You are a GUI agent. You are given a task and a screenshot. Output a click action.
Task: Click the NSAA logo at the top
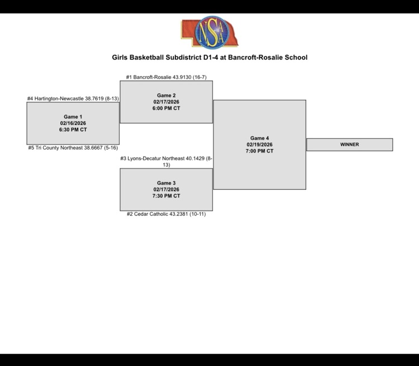(209, 32)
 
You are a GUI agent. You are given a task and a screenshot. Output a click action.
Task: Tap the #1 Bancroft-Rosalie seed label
(166, 77)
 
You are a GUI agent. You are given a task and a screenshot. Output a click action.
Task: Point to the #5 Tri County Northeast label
(73, 148)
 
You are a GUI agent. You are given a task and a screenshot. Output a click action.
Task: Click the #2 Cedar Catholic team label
(166, 214)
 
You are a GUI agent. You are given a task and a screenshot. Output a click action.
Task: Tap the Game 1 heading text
(73, 117)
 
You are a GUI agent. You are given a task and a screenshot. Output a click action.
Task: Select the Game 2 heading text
(166, 95)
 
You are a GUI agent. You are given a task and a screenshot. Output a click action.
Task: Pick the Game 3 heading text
(166, 183)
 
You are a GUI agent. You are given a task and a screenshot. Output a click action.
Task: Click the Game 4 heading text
(259, 138)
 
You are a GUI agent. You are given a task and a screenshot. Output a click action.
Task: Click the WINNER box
(349, 145)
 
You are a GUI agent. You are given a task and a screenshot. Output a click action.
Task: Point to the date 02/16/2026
(73, 123)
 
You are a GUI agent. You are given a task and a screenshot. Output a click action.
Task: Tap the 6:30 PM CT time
(73, 129)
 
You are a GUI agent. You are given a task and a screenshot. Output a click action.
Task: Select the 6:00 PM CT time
(166, 108)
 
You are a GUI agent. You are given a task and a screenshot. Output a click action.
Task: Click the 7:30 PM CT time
(166, 196)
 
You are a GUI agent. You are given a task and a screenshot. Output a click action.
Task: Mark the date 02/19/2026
(259, 145)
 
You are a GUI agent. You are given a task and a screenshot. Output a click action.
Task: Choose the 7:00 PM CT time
(259, 151)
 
